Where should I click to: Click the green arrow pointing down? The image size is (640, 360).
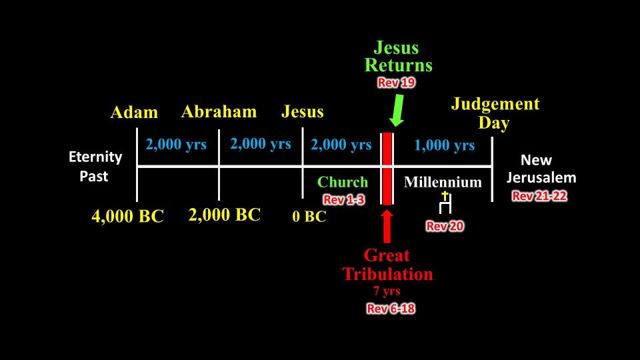tap(397, 110)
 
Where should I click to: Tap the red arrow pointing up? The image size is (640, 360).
tap(387, 227)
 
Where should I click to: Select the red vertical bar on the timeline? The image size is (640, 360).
tap(387, 169)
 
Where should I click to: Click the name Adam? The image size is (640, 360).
tap(134, 112)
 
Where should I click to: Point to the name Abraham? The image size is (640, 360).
tap(219, 111)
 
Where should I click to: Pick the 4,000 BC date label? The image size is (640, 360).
tap(127, 216)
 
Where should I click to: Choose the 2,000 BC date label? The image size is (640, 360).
tap(225, 215)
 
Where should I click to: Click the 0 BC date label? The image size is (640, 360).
tap(309, 216)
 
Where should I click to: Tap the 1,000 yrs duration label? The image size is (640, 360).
tap(445, 145)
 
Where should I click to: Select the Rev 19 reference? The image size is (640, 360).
tap(396, 83)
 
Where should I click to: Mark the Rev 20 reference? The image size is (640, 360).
tap(445, 226)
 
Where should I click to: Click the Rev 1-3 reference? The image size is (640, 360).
tap(344, 199)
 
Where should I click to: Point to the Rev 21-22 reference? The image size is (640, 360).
tap(539, 196)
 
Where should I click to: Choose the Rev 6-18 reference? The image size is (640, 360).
tap(391, 308)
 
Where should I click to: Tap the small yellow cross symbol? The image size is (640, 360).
tap(445, 196)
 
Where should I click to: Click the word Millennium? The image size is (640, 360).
tap(443, 182)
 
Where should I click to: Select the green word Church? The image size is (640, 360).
tap(343, 182)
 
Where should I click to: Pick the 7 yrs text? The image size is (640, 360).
tap(387, 291)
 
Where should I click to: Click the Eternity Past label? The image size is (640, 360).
tap(95, 167)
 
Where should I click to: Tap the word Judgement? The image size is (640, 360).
tap(495, 104)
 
